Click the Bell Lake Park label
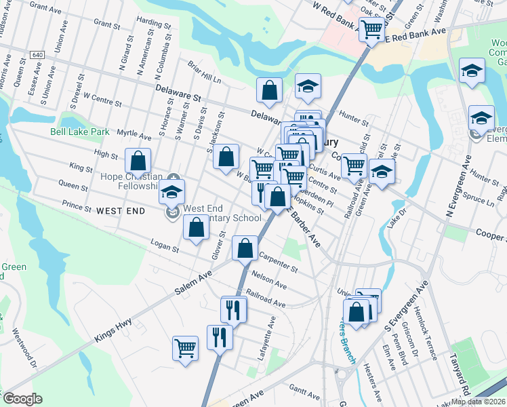point(79,131)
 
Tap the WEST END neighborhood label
point(121,211)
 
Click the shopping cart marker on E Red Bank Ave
point(371,30)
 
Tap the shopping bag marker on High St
point(138,161)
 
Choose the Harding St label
point(153,22)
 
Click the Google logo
point(22,399)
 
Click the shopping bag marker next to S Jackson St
point(226,157)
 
